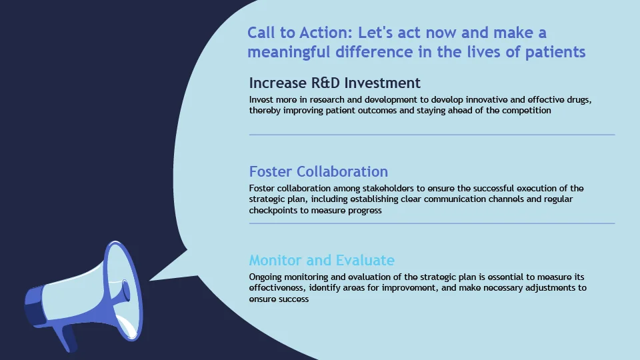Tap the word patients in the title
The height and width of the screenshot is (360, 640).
(555, 52)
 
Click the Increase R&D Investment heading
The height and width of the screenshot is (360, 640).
(335, 83)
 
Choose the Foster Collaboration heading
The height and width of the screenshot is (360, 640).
(319, 171)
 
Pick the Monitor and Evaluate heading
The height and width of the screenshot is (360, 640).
(321, 260)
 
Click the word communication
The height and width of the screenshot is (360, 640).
(455, 199)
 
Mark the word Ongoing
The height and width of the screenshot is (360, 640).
(265, 277)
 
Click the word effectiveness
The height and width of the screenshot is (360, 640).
(277, 288)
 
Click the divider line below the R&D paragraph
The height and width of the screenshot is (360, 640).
(432, 135)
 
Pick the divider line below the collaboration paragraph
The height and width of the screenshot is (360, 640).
(432, 224)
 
